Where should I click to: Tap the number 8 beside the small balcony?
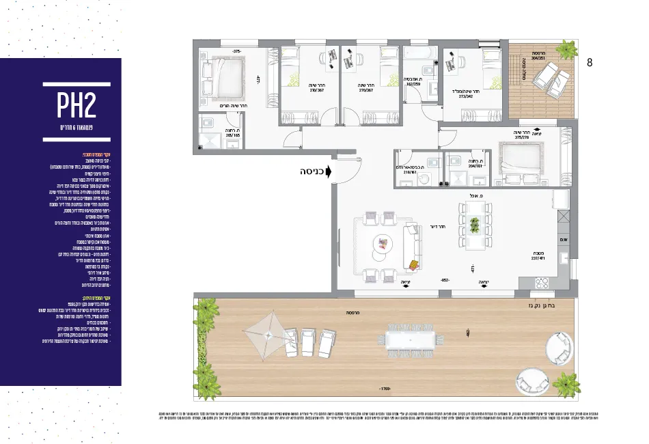click(590, 62)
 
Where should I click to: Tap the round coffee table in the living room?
click(380, 244)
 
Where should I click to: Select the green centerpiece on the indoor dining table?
click(474, 223)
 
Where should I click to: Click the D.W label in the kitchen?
click(564, 240)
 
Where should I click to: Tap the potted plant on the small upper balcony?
click(566, 49)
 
